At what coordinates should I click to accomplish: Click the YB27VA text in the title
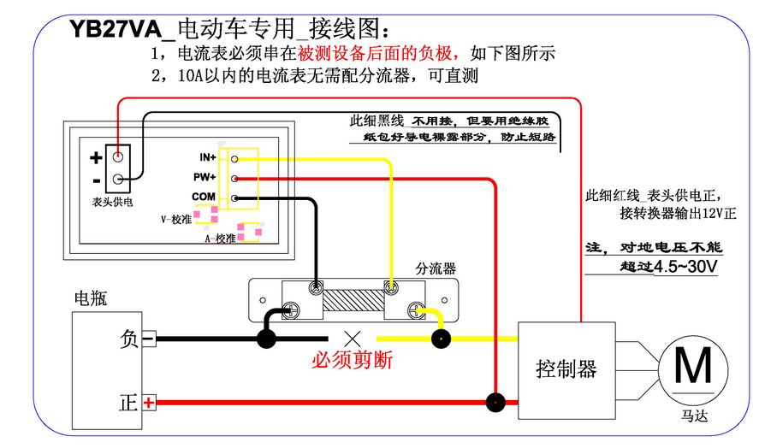tap(116, 30)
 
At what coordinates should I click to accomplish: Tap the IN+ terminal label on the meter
tap(207, 157)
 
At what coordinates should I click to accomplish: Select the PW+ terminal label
tap(205, 177)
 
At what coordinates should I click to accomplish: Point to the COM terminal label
tap(204, 197)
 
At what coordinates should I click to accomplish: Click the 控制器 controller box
tap(566, 369)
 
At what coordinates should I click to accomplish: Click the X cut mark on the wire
tap(352, 339)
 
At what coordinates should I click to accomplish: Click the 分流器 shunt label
tap(436, 268)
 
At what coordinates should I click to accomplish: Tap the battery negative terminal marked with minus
tap(148, 339)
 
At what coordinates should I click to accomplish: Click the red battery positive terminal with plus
tap(149, 403)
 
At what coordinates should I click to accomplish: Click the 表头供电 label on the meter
tap(112, 202)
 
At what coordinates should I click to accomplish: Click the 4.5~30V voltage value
tap(685, 267)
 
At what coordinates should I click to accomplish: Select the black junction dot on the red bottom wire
tap(494, 402)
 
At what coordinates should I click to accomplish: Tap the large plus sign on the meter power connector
tap(96, 157)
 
